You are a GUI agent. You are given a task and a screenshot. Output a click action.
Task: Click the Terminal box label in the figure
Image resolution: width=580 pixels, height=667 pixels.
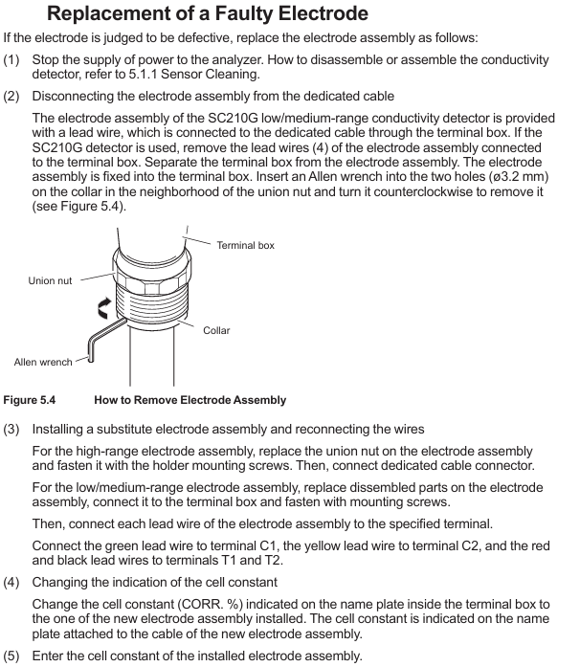pos(245,246)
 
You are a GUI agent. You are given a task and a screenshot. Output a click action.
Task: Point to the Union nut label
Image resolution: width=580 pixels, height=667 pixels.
pos(50,280)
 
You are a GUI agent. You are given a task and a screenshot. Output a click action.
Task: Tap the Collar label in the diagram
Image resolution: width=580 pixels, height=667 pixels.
pos(216,330)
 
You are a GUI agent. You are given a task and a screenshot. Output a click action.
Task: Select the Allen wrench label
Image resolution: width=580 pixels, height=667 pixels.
pos(43,362)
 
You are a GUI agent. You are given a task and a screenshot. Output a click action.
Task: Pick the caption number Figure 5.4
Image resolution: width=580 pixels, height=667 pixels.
pos(30,400)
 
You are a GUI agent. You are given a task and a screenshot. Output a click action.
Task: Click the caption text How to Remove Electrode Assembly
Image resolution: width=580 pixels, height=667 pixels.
pos(190,400)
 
